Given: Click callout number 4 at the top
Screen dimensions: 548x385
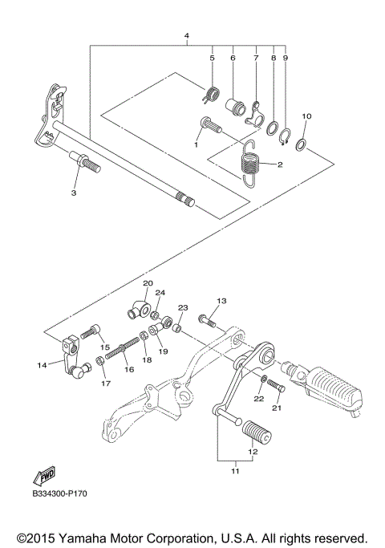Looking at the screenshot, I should pyautogui.click(x=187, y=36).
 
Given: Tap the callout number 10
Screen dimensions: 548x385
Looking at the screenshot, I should pyautogui.click(x=306, y=117).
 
